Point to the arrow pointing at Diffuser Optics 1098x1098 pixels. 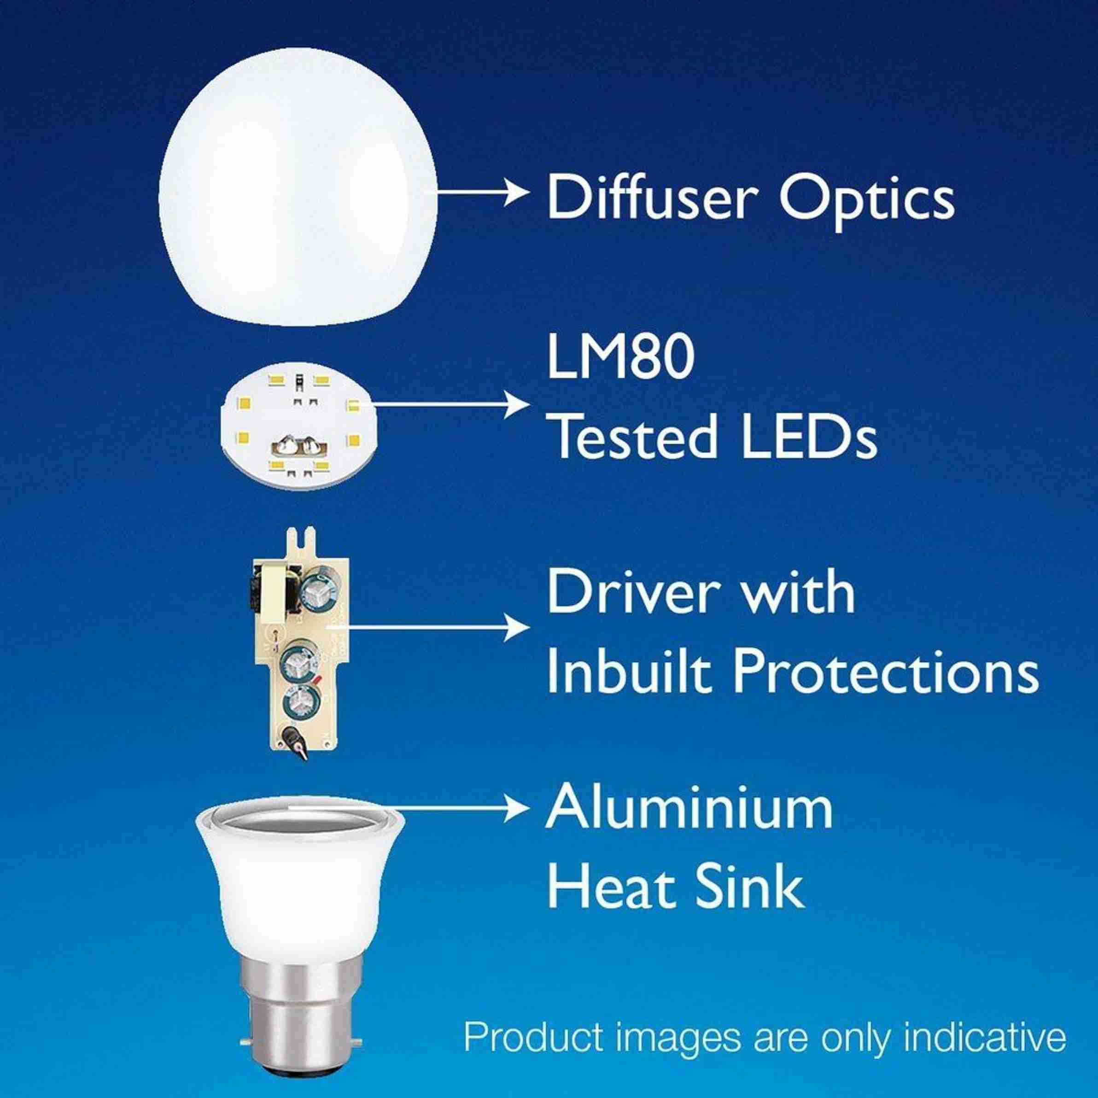[483, 193]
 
